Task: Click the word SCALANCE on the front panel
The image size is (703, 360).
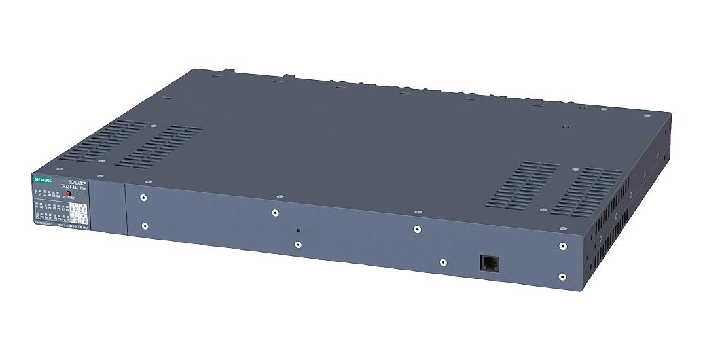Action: click(x=77, y=183)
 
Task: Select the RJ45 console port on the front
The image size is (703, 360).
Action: click(x=488, y=261)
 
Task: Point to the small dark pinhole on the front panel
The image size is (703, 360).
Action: click(x=298, y=230)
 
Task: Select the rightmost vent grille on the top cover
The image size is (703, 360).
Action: click(x=586, y=191)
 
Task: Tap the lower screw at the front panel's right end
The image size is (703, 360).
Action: click(x=562, y=277)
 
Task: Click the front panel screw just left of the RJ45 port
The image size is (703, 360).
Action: click(x=443, y=262)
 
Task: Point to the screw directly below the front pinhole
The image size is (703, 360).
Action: click(x=298, y=245)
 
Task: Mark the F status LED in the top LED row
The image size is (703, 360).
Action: click(x=36, y=193)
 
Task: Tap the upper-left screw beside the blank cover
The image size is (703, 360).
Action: click(x=143, y=197)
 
